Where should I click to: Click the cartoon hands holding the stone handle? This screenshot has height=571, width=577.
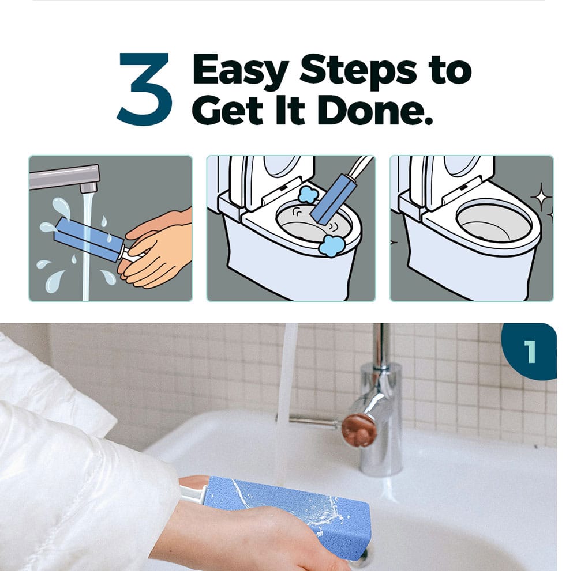tap(156, 250)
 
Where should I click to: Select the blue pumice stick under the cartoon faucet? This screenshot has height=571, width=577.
tap(89, 240)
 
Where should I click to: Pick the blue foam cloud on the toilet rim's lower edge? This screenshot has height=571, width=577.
tap(329, 245)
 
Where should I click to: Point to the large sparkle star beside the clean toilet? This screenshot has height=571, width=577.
tap(541, 198)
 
